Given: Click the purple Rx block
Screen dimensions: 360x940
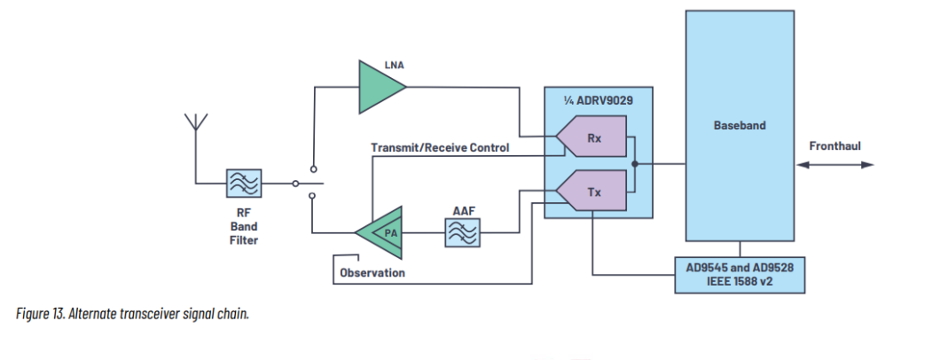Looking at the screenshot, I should point(592,138).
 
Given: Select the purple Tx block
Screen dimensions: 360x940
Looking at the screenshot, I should point(592,191).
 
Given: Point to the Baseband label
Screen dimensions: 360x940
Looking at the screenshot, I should point(739,126).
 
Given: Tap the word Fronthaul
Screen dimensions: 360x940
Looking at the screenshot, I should point(834,146).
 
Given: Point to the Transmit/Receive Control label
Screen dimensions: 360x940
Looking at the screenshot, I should point(440,148).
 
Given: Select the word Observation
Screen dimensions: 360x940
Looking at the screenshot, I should point(372,272).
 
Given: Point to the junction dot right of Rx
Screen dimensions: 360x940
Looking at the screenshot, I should point(634,164).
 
